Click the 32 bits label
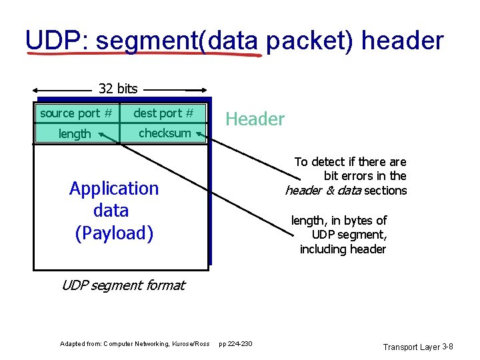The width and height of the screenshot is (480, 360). (x=118, y=88)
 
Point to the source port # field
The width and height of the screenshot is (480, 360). (x=75, y=113)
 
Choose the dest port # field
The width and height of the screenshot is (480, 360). (x=163, y=113)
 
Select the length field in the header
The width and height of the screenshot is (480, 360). (x=74, y=134)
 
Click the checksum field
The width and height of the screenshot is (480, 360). (x=165, y=133)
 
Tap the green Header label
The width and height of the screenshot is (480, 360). (x=255, y=119)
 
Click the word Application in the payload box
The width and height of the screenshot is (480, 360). (x=114, y=189)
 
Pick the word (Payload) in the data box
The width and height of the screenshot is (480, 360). (x=114, y=233)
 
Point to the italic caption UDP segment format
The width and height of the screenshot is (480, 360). (x=123, y=285)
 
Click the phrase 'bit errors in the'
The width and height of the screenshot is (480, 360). (x=365, y=176)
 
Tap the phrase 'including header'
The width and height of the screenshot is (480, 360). (x=343, y=249)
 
